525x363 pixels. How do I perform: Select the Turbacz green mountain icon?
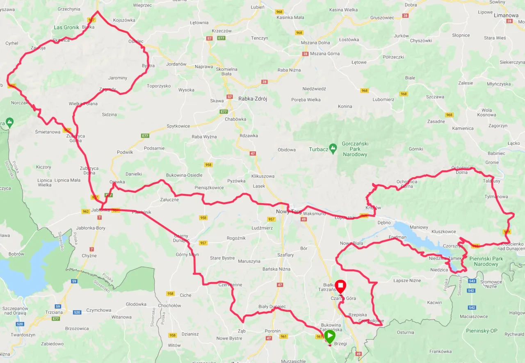pos(333,147)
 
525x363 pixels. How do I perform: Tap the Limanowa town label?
pos(506,16)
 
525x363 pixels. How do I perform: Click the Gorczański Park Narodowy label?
pos(356,149)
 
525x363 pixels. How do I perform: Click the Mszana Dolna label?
pos(315,43)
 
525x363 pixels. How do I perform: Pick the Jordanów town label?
pos(177,64)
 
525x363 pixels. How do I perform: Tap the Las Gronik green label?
pos(66,28)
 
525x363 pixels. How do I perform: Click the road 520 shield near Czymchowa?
pos(77,312)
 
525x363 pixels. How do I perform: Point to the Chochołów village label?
pos(169,306)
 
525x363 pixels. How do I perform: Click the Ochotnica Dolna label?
pos(459,170)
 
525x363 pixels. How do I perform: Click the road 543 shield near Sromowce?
pos(472,281)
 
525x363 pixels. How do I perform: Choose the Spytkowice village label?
pos(178,126)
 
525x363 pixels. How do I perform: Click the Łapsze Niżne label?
pos(407,281)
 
